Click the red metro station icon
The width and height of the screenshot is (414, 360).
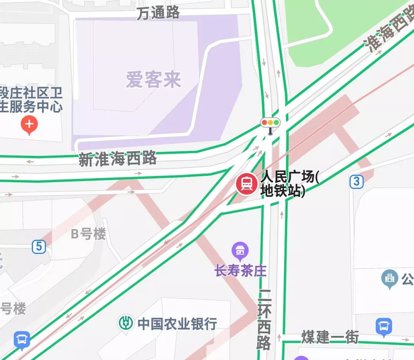pos(247,184)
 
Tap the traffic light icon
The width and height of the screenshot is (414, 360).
pos(270,123)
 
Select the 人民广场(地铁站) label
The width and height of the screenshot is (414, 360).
pos(289,184)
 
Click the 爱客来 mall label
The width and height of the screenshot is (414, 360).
pos(153,80)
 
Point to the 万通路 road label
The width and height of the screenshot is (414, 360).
pos(158,13)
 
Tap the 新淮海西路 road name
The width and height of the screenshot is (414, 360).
pos(118,158)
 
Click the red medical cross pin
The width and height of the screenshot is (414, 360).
pos(29,124)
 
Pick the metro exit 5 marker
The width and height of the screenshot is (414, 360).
pos(39,247)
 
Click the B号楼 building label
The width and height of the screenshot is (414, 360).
pos(89,234)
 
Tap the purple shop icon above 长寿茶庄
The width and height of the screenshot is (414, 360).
pos(240,251)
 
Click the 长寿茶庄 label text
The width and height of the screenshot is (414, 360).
pos(240,271)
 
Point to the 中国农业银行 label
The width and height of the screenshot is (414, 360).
pos(177,324)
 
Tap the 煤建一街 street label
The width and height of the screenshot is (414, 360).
pos(330,337)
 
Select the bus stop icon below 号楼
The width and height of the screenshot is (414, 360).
pos(22,340)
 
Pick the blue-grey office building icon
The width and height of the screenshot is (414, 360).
pos(390,279)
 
